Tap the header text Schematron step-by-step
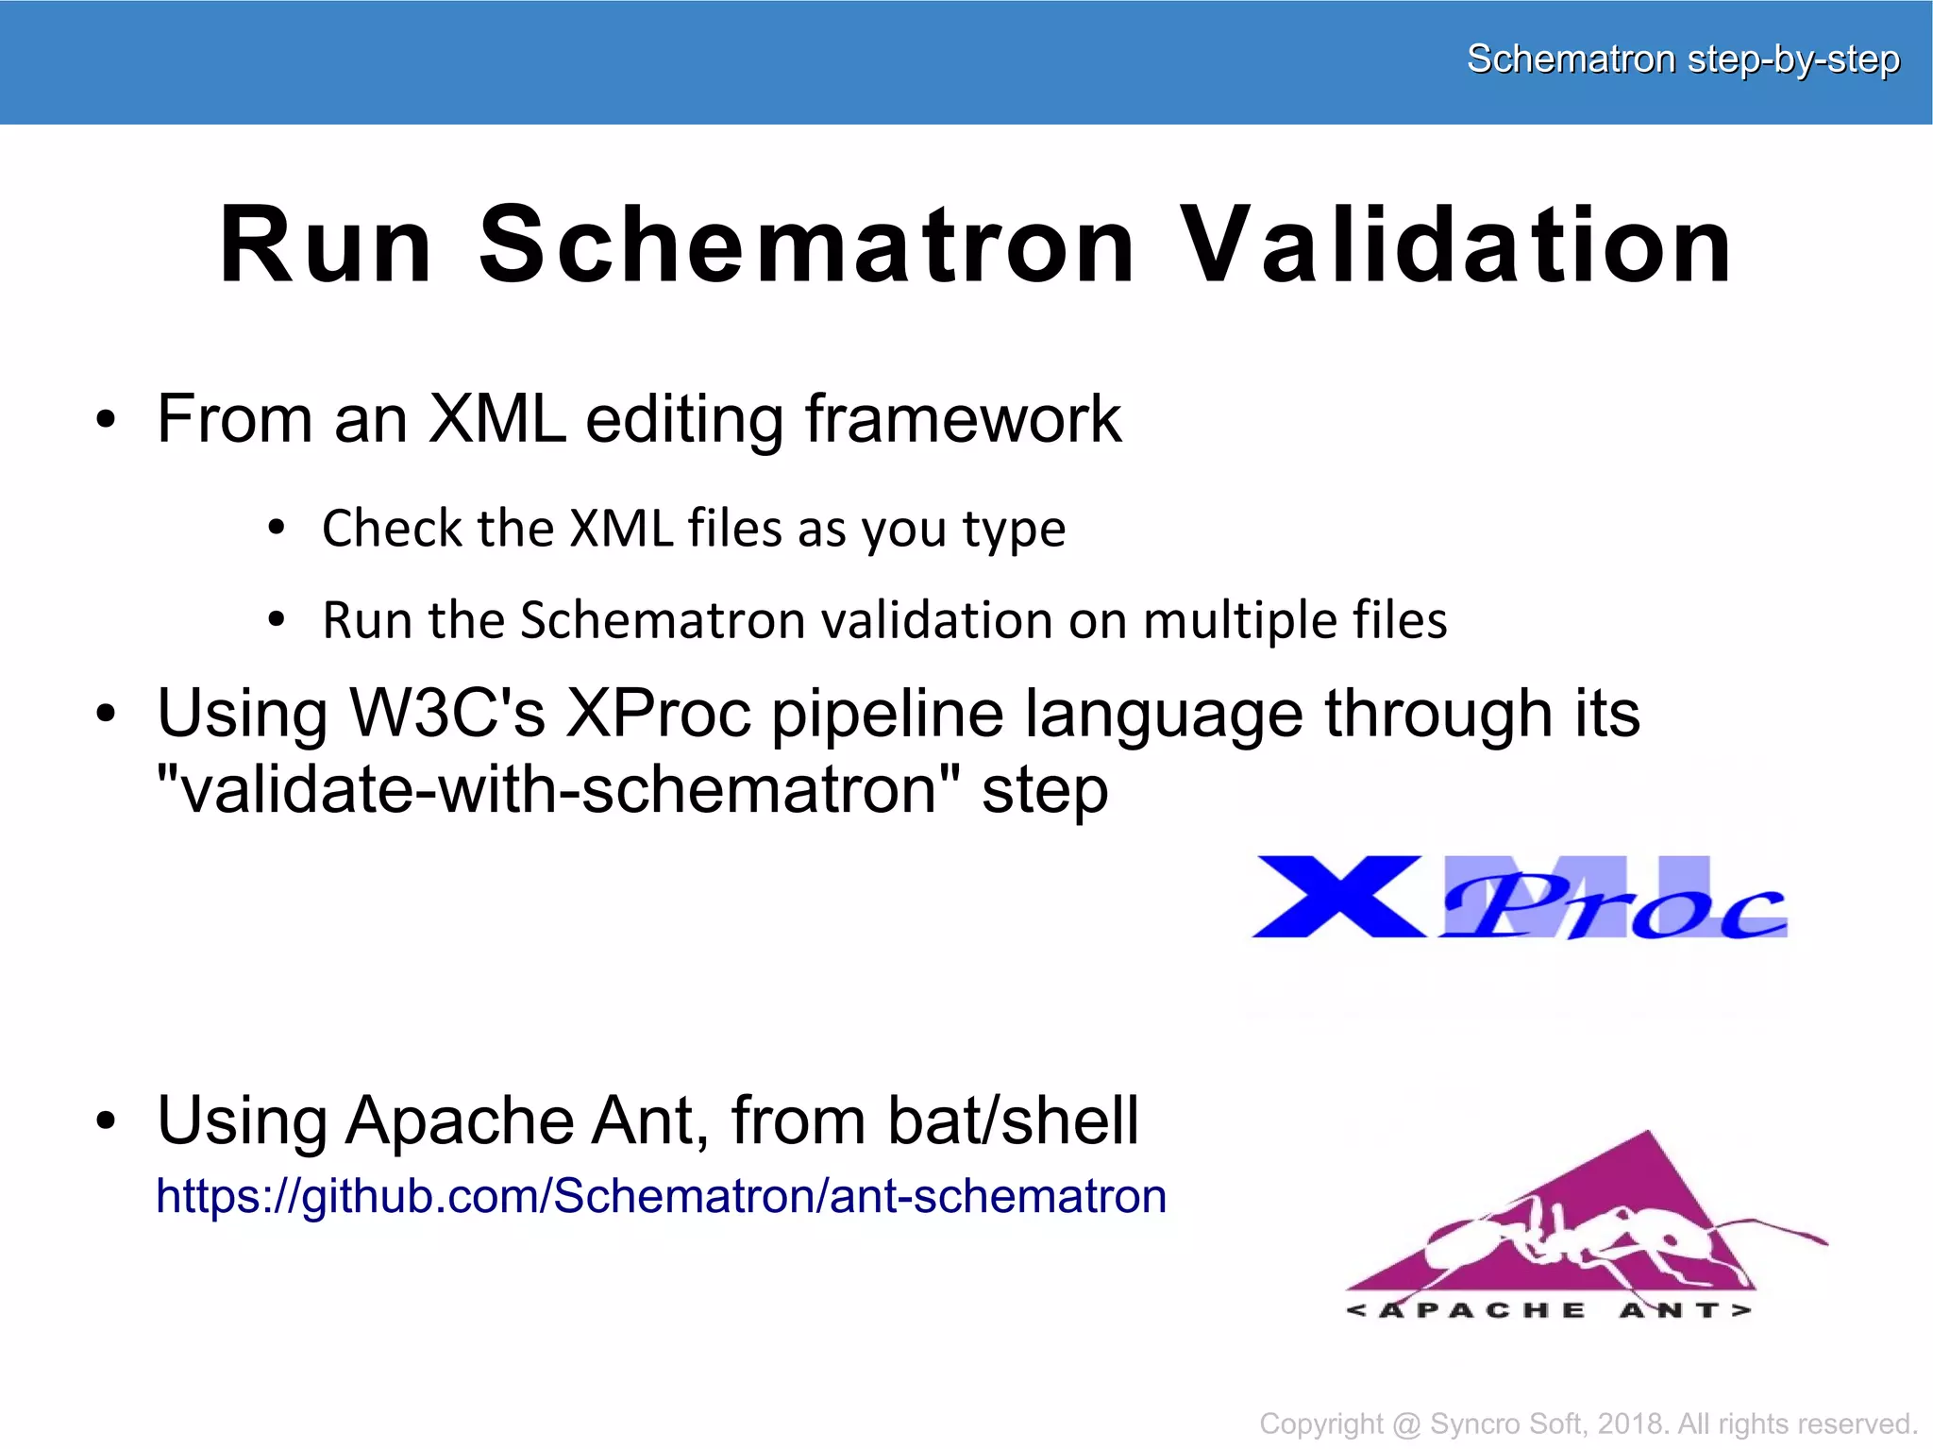coord(1682,59)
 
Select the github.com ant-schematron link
coord(661,1196)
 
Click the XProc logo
coord(1520,899)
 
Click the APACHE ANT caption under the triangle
coord(1548,1310)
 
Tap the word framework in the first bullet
coord(963,418)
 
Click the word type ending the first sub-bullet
coord(1014,529)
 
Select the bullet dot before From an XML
coord(106,420)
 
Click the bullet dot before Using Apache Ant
coord(106,1121)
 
